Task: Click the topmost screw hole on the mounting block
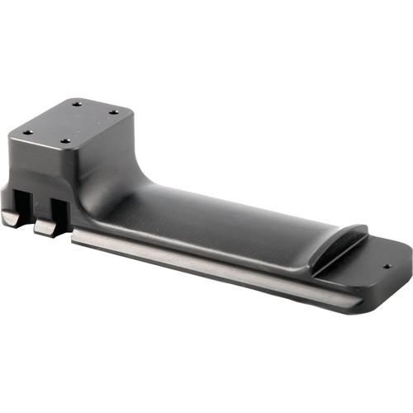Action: coord(76,104)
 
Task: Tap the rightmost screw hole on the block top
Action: coord(113,112)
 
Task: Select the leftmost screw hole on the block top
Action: coord(26,132)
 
